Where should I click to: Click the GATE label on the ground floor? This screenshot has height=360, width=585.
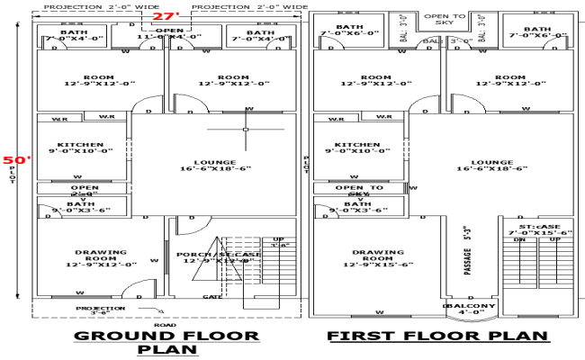tap(212, 296)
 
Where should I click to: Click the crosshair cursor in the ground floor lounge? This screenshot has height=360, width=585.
tap(244, 130)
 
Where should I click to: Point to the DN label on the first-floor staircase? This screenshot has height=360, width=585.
tap(519, 240)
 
